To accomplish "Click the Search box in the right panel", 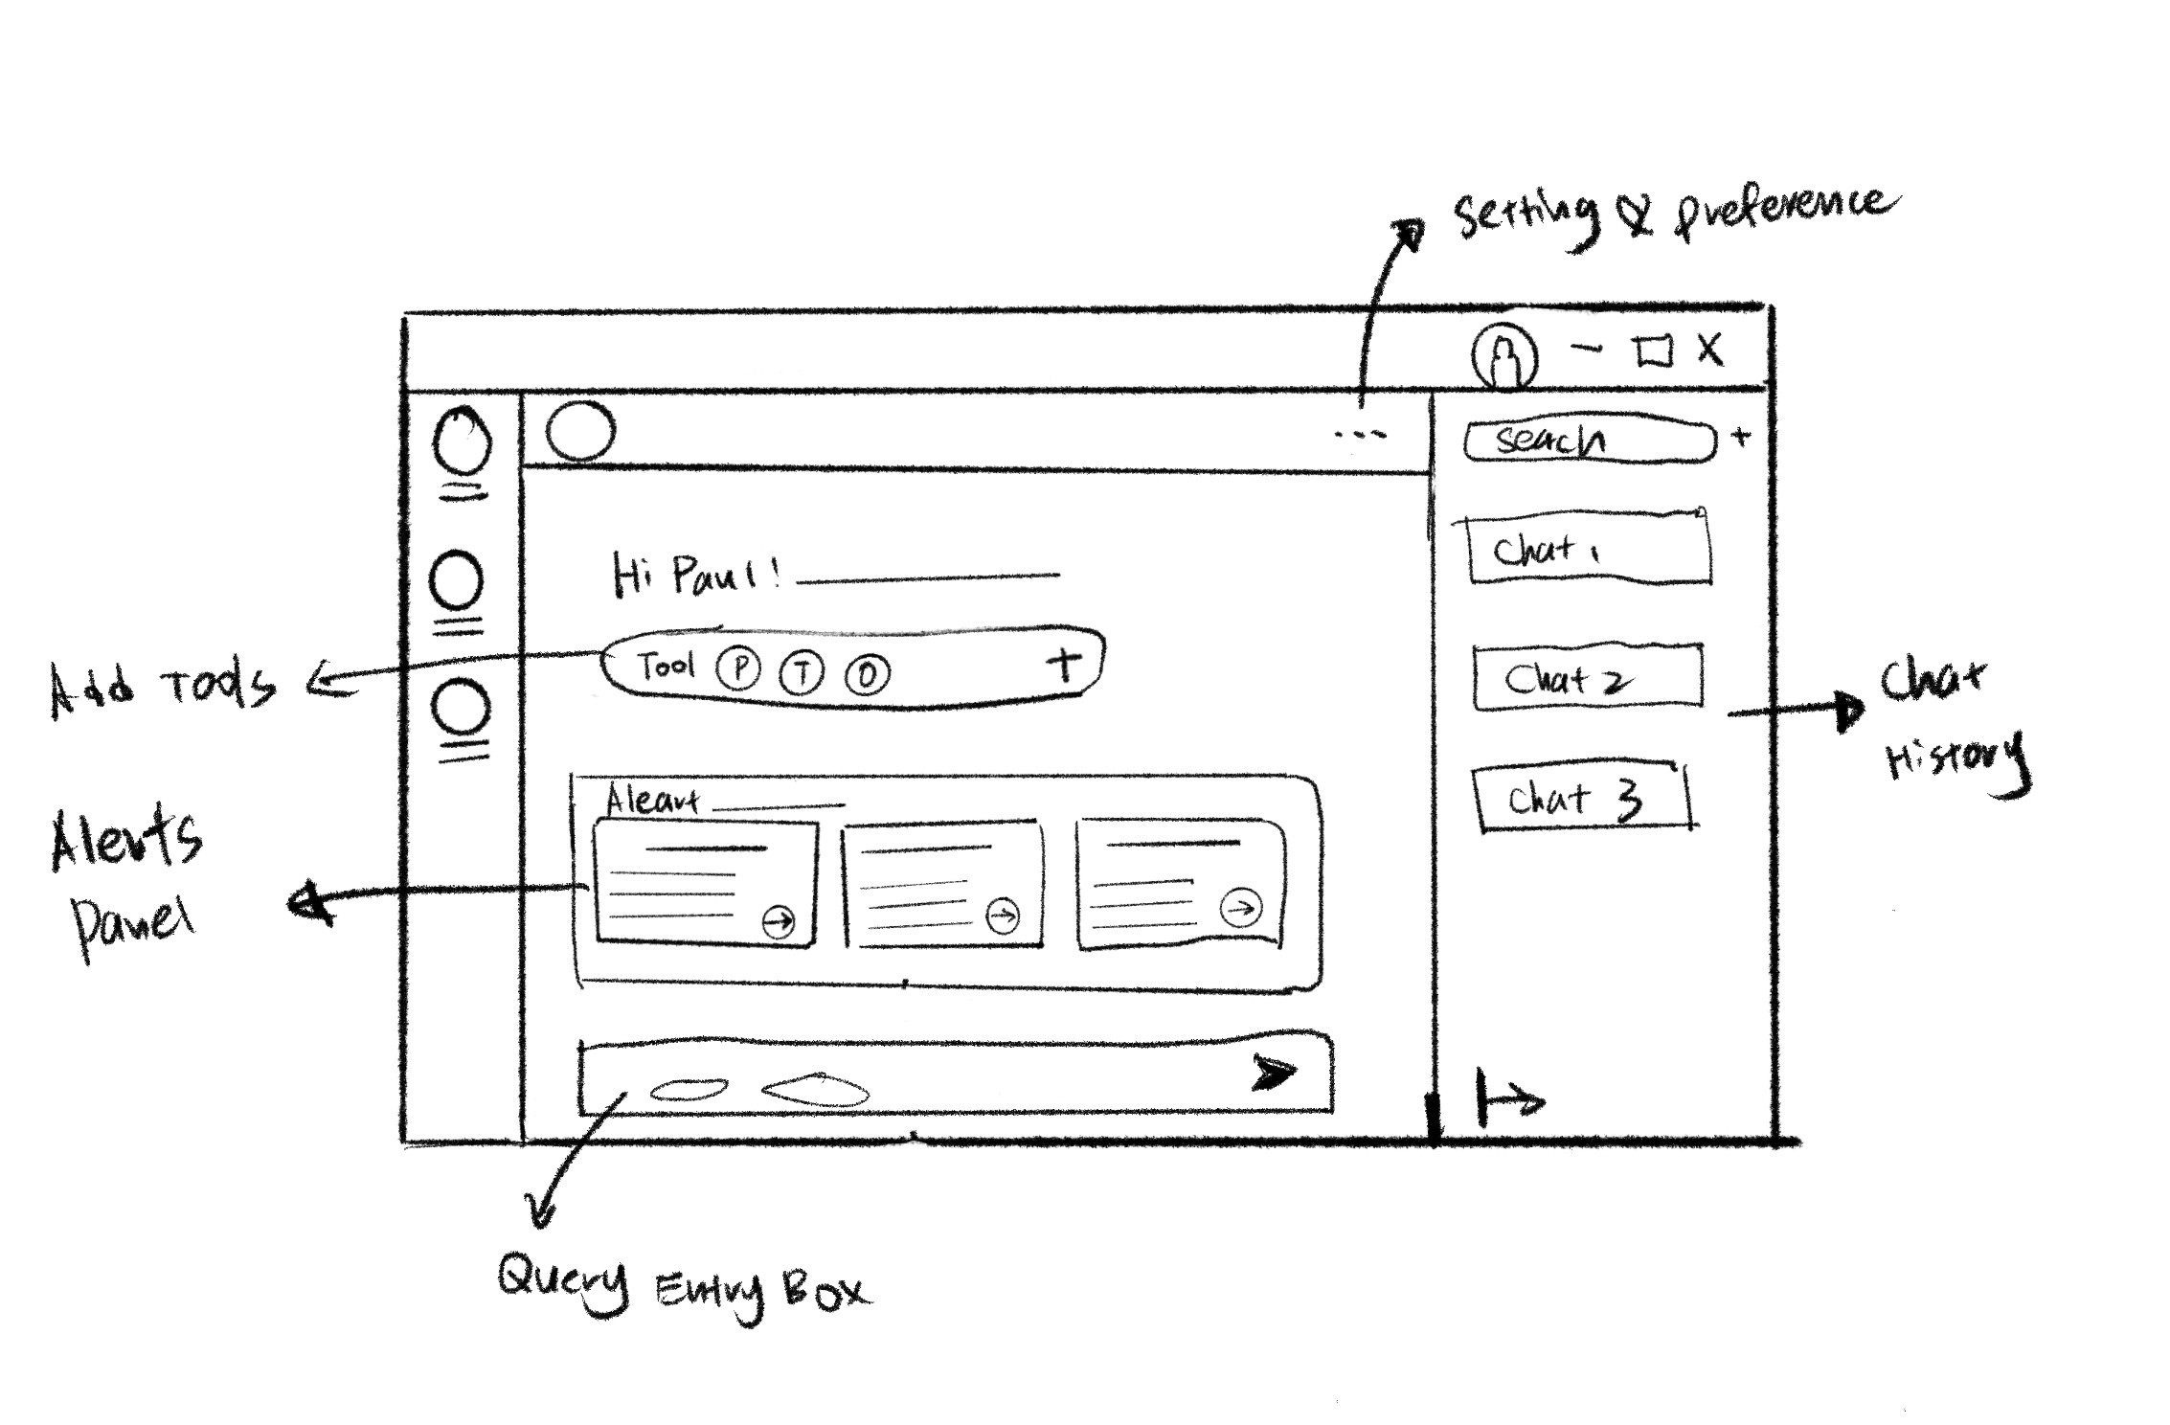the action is tap(1590, 441).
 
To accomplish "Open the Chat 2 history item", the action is tap(1587, 678).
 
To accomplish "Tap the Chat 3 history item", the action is tap(1580, 798).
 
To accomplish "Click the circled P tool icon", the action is tap(738, 669).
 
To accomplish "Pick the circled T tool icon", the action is tap(802, 673).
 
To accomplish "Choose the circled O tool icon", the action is tap(867, 675).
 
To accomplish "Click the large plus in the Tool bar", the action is tap(1064, 664).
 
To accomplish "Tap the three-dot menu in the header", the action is tap(1360, 435).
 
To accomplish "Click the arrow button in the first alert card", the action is tap(779, 921).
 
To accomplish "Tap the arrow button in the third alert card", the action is tap(1242, 907).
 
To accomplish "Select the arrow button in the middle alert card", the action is tap(1003, 916).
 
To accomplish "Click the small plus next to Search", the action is tap(1742, 438).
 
